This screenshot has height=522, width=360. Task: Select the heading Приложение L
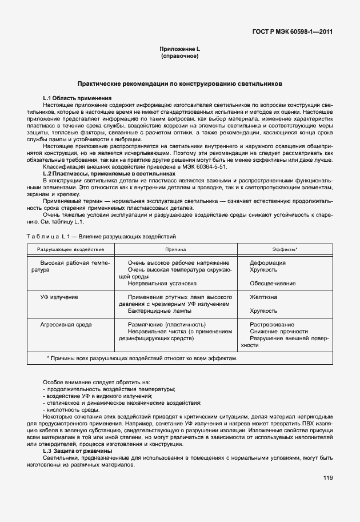tap(179, 50)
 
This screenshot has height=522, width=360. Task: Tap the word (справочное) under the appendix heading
tap(179, 57)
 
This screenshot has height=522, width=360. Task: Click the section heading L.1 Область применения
tap(77, 99)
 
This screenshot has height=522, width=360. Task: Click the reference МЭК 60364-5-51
tap(205, 166)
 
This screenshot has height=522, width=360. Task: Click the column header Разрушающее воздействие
tap(71, 250)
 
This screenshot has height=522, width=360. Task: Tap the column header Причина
tap(175, 250)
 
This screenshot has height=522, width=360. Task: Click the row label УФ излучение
tap(59, 297)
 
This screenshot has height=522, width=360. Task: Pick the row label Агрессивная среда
tap(63, 324)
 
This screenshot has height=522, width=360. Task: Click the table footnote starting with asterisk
tap(141, 358)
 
